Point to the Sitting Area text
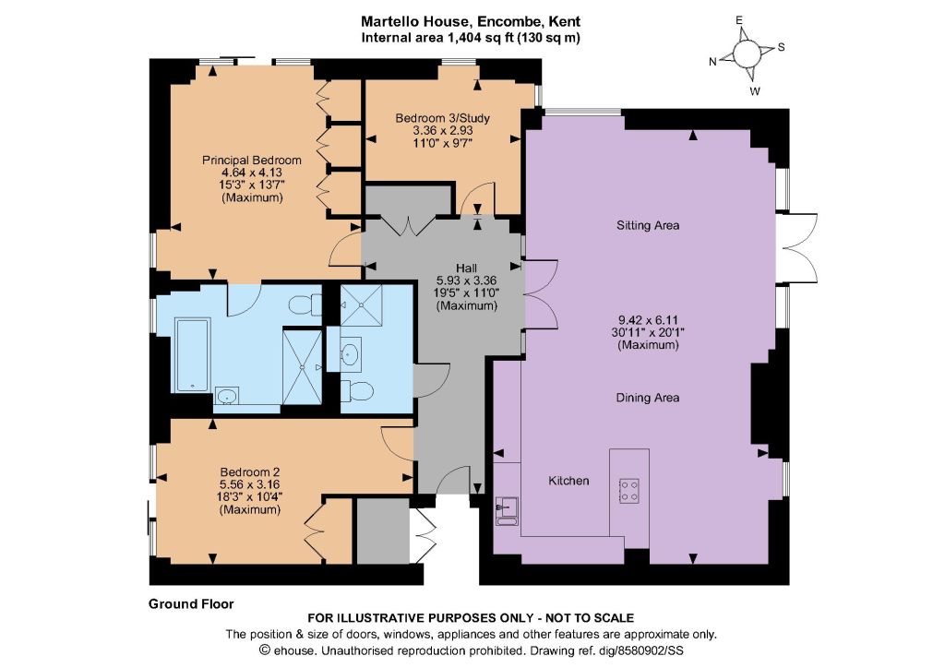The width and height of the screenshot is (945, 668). coord(648,225)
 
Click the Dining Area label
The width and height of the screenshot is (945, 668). coord(648,398)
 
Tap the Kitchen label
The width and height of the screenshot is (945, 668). coord(568,481)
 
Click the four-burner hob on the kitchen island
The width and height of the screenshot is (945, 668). coord(629,490)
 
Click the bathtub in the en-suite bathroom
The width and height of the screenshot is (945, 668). coord(192,355)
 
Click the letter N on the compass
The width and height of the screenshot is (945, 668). coord(712,62)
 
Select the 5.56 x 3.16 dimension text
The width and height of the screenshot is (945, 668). coord(249,484)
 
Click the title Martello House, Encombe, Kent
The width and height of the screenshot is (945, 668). coord(471,22)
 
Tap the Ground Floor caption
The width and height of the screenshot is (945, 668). coord(191,603)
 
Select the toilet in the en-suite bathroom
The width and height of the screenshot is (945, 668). coord(305,304)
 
